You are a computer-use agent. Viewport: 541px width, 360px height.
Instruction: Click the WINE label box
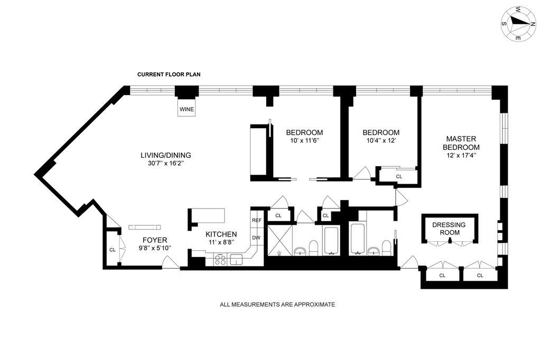pyautogui.click(x=186, y=109)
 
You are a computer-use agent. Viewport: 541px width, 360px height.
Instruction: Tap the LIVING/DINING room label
pyautogui.click(x=165, y=155)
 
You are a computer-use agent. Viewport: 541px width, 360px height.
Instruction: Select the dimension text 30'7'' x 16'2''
pyautogui.click(x=165, y=163)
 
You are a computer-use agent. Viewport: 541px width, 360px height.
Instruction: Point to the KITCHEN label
pyautogui.click(x=221, y=234)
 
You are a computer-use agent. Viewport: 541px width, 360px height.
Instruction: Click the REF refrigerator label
pyautogui.click(x=256, y=220)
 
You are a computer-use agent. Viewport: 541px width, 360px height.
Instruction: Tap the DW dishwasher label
pyautogui.click(x=256, y=238)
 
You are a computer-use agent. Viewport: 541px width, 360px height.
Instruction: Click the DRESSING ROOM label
pyautogui.click(x=449, y=228)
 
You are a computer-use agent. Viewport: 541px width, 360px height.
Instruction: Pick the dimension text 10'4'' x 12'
pyautogui.click(x=381, y=140)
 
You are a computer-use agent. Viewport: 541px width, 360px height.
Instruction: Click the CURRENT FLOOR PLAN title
pyautogui.click(x=169, y=74)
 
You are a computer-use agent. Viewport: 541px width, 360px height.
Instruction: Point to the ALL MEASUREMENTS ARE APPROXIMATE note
pyautogui.click(x=277, y=305)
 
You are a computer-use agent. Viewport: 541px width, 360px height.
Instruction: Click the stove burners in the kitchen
pyautogui.click(x=220, y=260)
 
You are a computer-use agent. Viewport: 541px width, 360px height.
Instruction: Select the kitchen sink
pyautogui.click(x=236, y=259)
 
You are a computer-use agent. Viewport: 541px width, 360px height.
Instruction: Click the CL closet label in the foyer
pyautogui.click(x=112, y=250)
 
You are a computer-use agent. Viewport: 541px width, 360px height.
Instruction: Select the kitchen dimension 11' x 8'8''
pyautogui.click(x=221, y=242)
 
